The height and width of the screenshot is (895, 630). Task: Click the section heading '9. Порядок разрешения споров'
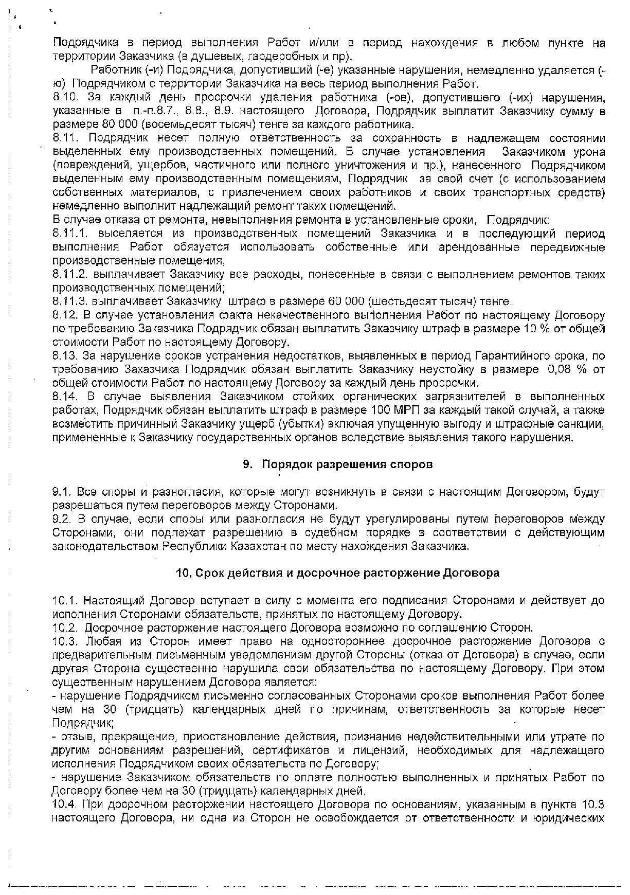337,464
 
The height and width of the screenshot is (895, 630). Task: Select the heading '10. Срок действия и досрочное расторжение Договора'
337,573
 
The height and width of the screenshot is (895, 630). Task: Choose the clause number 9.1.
62,492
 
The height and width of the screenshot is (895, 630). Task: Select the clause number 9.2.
62,518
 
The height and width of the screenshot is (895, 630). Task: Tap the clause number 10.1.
65,600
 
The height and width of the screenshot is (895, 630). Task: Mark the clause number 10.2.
65,628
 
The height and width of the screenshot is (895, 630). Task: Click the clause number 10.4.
65,804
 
